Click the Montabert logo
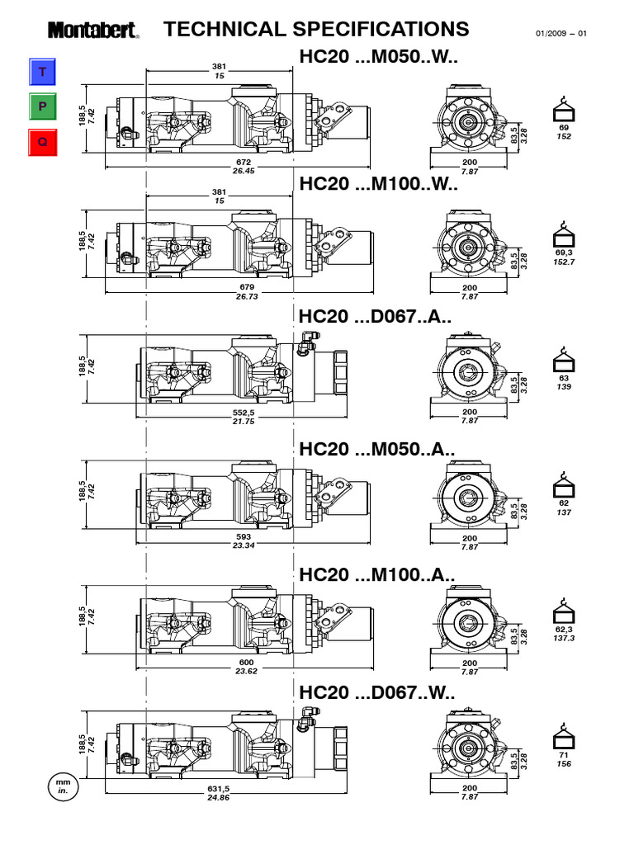92,31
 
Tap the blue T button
42,73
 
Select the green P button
42,107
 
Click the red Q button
42,141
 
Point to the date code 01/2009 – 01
561,34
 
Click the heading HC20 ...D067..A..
376,318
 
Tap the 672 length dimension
244,163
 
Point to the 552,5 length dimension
242,412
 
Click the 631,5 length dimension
218,788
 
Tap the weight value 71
564,754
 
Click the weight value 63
564,377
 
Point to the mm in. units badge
62,785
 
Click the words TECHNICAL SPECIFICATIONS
316,30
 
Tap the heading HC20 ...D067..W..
378,693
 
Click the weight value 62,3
564,628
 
